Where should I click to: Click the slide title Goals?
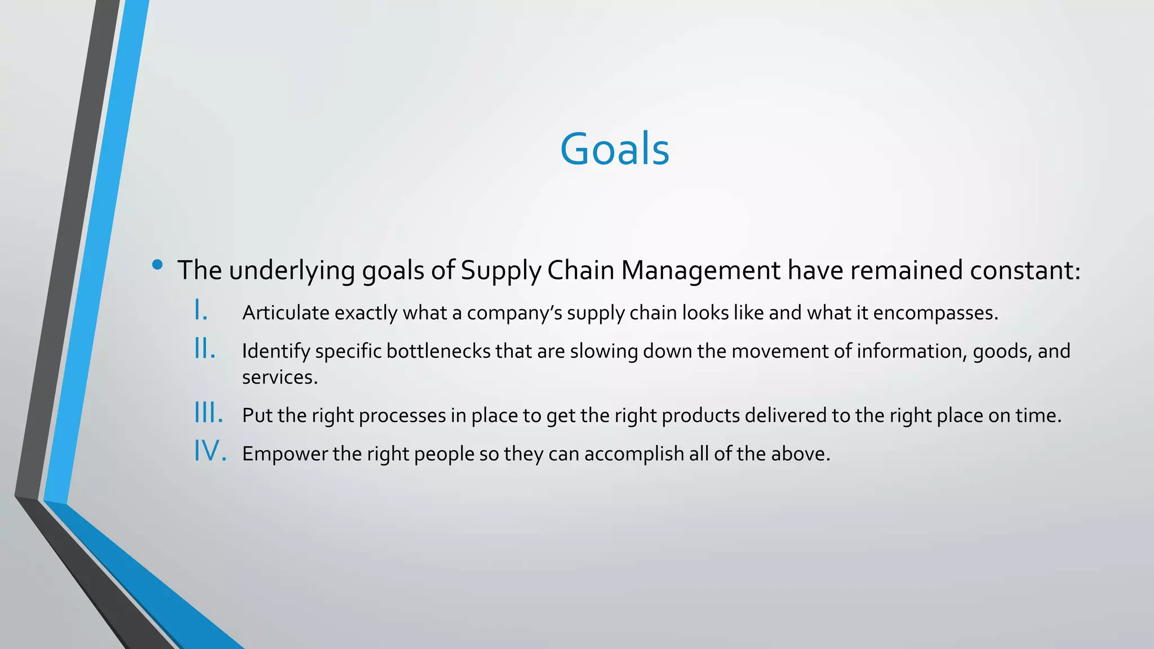click(x=614, y=149)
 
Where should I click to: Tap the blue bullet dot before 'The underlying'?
click(x=157, y=264)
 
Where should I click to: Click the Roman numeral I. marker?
click(x=201, y=310)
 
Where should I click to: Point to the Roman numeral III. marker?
click(x=209, y=413)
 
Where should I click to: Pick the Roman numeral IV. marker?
click(x=211, y=451)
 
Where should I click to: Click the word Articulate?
click(x=286, y=313)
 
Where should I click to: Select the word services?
click(x=280, y=377)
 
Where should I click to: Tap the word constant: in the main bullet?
click(x=1025, y=270)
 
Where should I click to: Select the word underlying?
click(x=292, y=271)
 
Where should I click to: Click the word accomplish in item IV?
click(x=634, y=454)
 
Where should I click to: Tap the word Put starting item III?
click(x=258, y=415)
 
